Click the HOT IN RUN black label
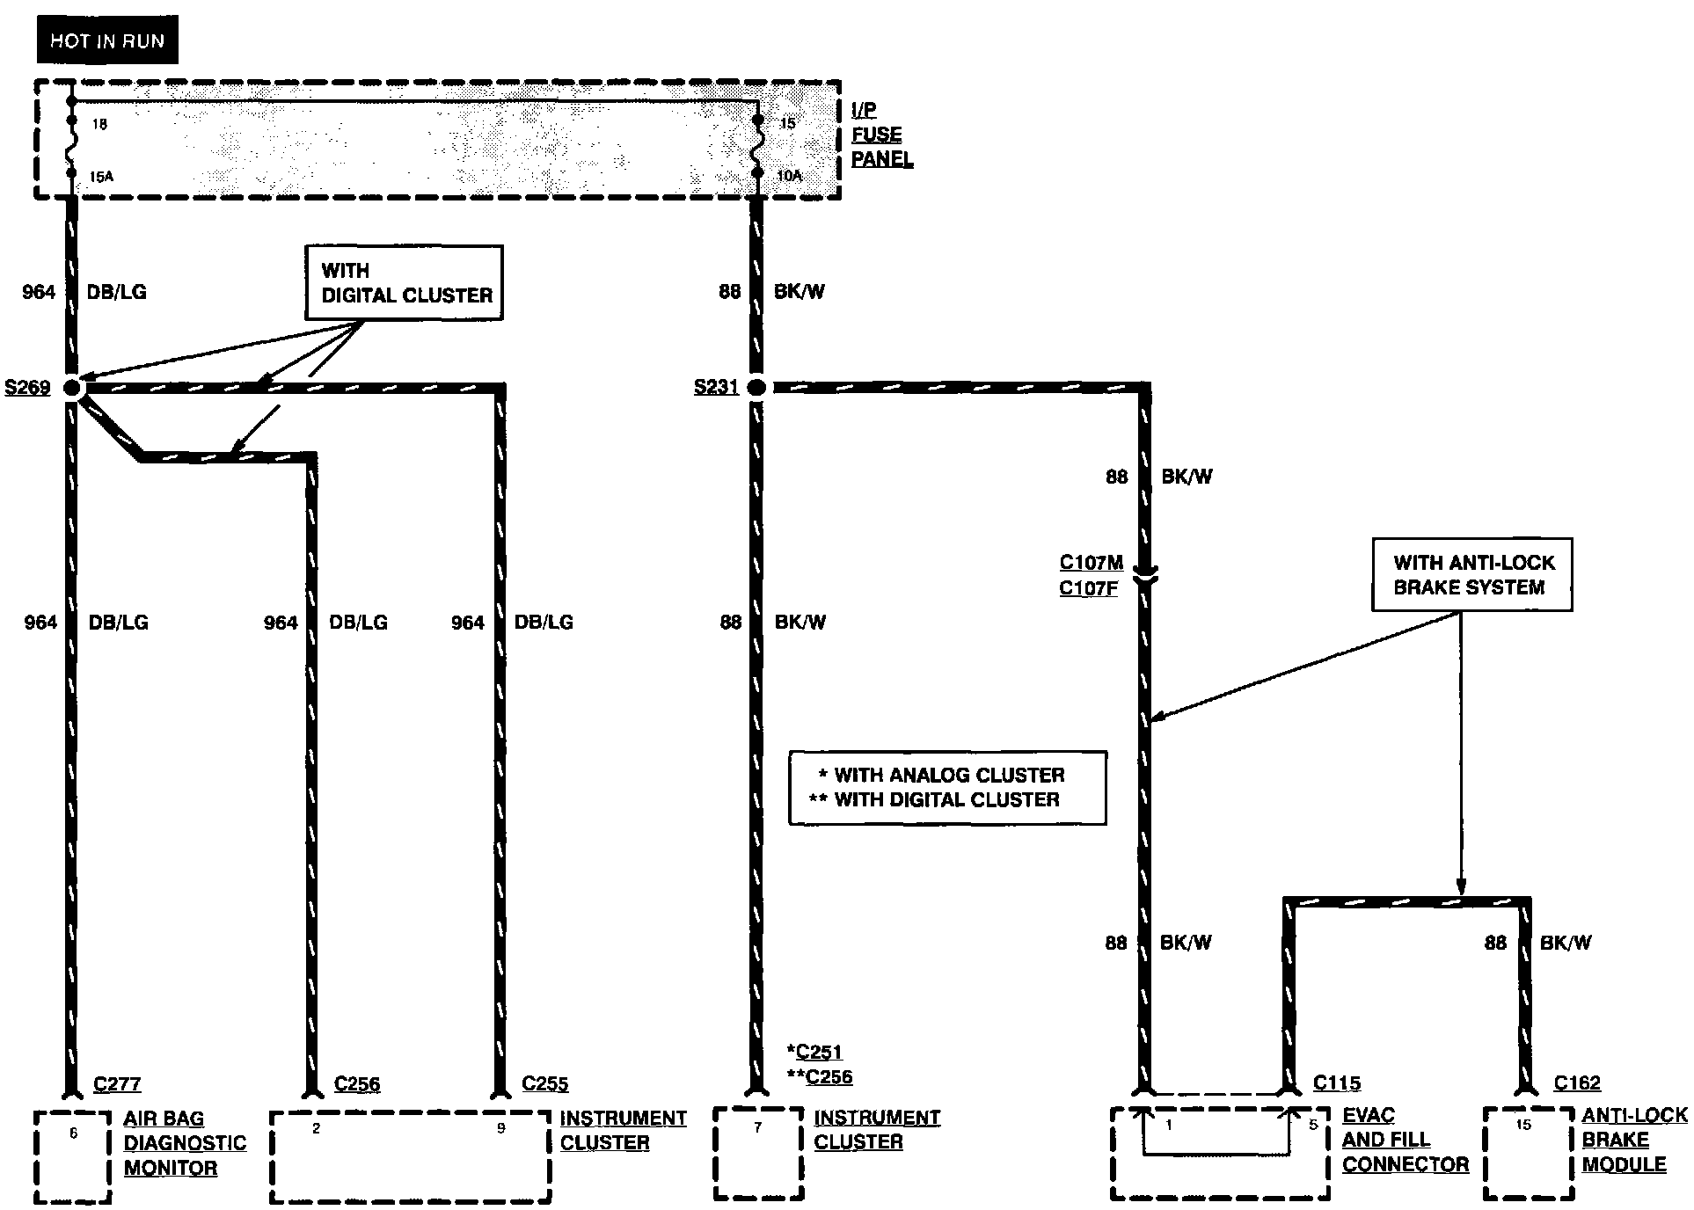[107, 40]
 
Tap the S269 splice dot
[72, 387]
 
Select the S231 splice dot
[756, 387]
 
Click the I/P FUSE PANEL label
[880, 135]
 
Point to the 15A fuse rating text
[101, 177]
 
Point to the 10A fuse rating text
[789, 176]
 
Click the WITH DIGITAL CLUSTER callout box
[405, 282]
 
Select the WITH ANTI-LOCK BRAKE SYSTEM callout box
[1472, 575]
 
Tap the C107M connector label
[1091, 563]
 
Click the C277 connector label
[117, 1084]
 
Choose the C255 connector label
[545, 1084]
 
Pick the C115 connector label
[1337, 1083]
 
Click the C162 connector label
[1577, 1083]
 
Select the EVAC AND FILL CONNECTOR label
[1405, 1140]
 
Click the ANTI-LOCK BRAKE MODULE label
[1633, 1140]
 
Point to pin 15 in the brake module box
[1523, 1125]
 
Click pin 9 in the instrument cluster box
[500, 1128]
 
